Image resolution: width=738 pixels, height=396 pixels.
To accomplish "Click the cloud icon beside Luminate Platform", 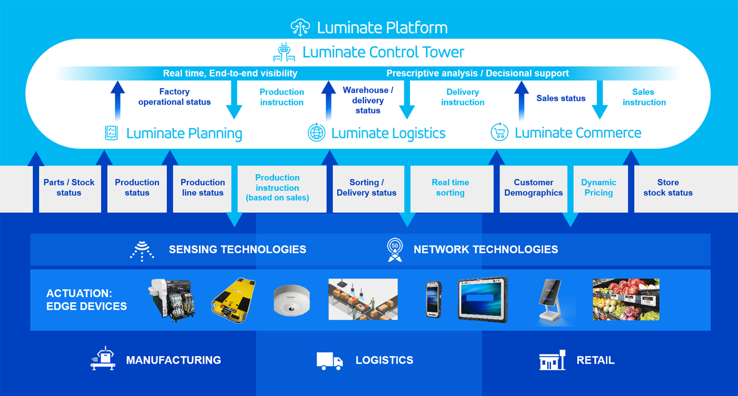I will (300, 27).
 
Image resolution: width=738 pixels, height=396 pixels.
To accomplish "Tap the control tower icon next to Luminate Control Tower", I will (284, 52).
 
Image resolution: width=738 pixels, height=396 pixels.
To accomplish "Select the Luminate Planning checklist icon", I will (111, 133).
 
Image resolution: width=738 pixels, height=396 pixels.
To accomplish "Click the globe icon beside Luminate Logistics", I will (317, 133).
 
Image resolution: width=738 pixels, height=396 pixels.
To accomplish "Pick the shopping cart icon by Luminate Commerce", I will (499, 132).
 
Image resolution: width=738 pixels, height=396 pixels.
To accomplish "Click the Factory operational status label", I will (174, 97).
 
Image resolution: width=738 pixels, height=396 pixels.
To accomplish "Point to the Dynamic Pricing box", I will (598, 188).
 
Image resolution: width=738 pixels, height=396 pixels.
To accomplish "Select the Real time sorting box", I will (450, 188).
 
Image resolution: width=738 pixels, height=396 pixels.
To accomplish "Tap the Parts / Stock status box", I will (69, 188).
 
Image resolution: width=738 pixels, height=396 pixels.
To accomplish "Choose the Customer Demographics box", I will (533, 188).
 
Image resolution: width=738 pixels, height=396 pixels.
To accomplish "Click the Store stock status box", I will (668, 188).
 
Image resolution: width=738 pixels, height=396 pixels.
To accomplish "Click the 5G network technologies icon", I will (395, 249).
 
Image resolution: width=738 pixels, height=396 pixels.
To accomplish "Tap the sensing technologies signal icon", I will (142, 251).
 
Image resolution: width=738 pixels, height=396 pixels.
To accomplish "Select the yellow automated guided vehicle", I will (234, 300).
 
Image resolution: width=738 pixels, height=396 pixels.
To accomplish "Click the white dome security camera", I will (291, 300).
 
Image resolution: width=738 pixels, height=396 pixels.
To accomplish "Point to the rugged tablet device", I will (483, 299).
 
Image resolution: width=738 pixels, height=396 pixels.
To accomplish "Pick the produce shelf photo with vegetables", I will (626, 300).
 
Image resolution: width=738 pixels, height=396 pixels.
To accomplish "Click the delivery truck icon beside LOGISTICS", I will (330, 361).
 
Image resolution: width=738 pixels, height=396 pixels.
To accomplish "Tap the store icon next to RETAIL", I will (552, 360).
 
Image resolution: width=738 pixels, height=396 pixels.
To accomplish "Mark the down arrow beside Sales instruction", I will (600, 100).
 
